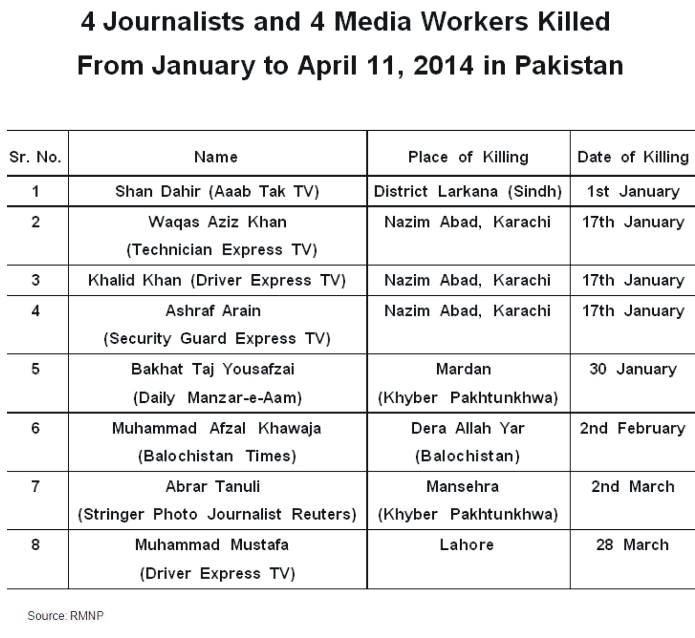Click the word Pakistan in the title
[569, 66]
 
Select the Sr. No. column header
[35, 157]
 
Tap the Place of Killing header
[468, 157]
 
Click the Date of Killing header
[633, 157]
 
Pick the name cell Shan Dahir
[217, 191]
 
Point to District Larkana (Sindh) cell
[468, 191]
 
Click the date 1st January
[633, 191]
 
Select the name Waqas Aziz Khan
[217, 222]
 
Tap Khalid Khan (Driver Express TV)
[217, 280]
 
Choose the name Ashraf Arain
[213, 311]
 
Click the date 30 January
[633, 369]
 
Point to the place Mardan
[463, 369]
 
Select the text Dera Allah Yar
[467, 428]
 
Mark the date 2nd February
[633, 428]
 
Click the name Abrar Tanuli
[213, 487]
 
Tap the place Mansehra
[462, 487]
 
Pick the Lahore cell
[467, 545]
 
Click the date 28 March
[633, 545]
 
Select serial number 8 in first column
[35, 545]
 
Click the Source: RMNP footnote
[66, 616]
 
